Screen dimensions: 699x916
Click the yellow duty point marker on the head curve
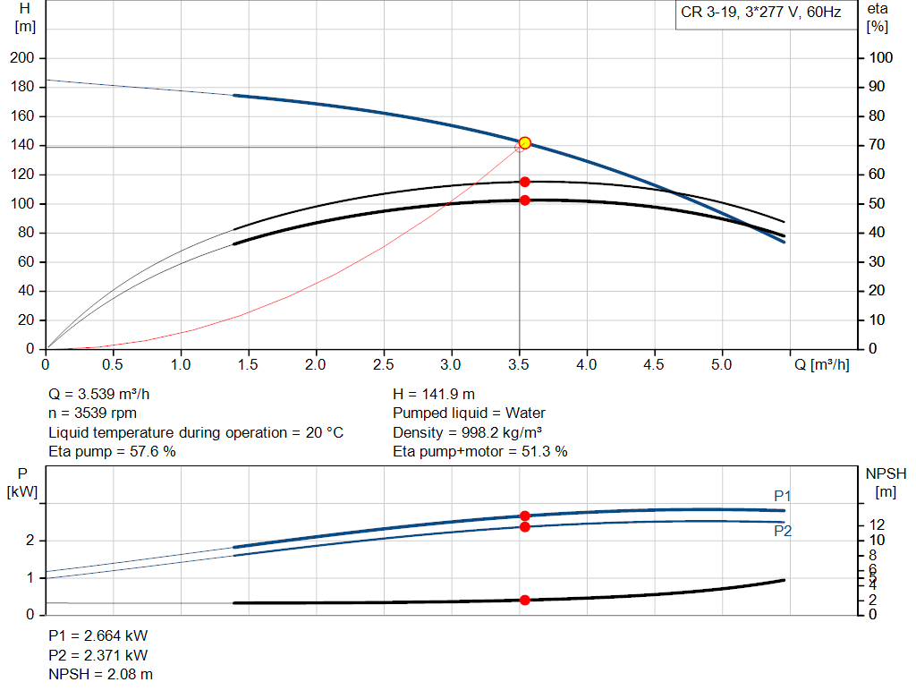click(x=525, y=143)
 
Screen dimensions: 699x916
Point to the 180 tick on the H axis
click(x=22, y=87)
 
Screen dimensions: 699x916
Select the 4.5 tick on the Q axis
click(x=655, y=365)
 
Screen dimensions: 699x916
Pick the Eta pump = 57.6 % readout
click(x=112, y=452)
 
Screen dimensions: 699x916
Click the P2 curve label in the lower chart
click(x=783, y=531)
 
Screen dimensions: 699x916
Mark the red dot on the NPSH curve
click(x=525, y=600)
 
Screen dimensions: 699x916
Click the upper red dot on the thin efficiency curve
click(x=525, y=182)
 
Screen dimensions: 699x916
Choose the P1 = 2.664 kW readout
click(x=98, y=635)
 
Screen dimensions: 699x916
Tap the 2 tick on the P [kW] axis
click(x=30, y=541)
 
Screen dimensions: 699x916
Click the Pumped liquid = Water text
click(x=469, y=413)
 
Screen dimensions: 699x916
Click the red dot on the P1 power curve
click(x=525, y=516)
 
